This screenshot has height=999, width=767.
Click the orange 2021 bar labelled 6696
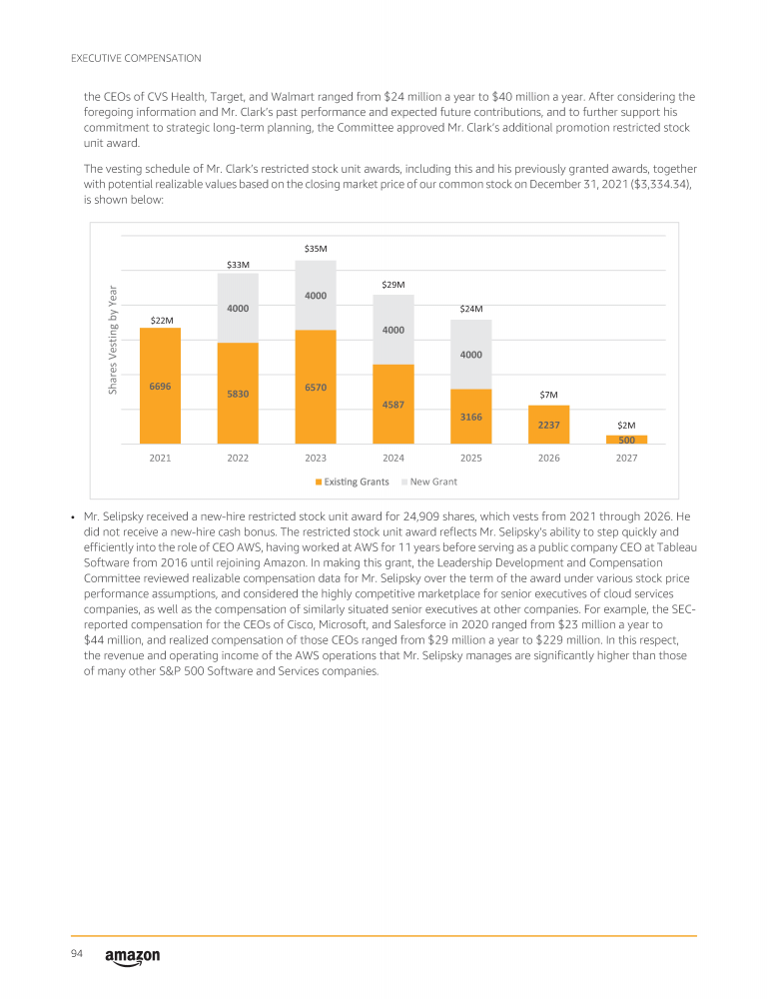[x=160, y=386]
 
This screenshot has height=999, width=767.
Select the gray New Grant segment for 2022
[x=238, y=308]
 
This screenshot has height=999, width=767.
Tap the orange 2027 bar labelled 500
[x=626, y=440]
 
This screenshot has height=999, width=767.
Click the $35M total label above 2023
[x=316, y=248]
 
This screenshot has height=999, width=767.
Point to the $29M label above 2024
[x=393, y=285]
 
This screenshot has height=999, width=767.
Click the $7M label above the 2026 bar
[x=548, y=396]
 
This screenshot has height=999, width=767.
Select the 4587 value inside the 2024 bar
[x=393, y=405]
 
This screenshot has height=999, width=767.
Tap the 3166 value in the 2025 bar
[x=471, y=417]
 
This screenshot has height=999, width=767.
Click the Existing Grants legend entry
[x=353, y=483]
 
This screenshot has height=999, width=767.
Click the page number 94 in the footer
[x=77, y=955]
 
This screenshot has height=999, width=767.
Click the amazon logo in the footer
[x=132, y=957]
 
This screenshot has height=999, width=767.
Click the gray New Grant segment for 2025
[x=471, y=354]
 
